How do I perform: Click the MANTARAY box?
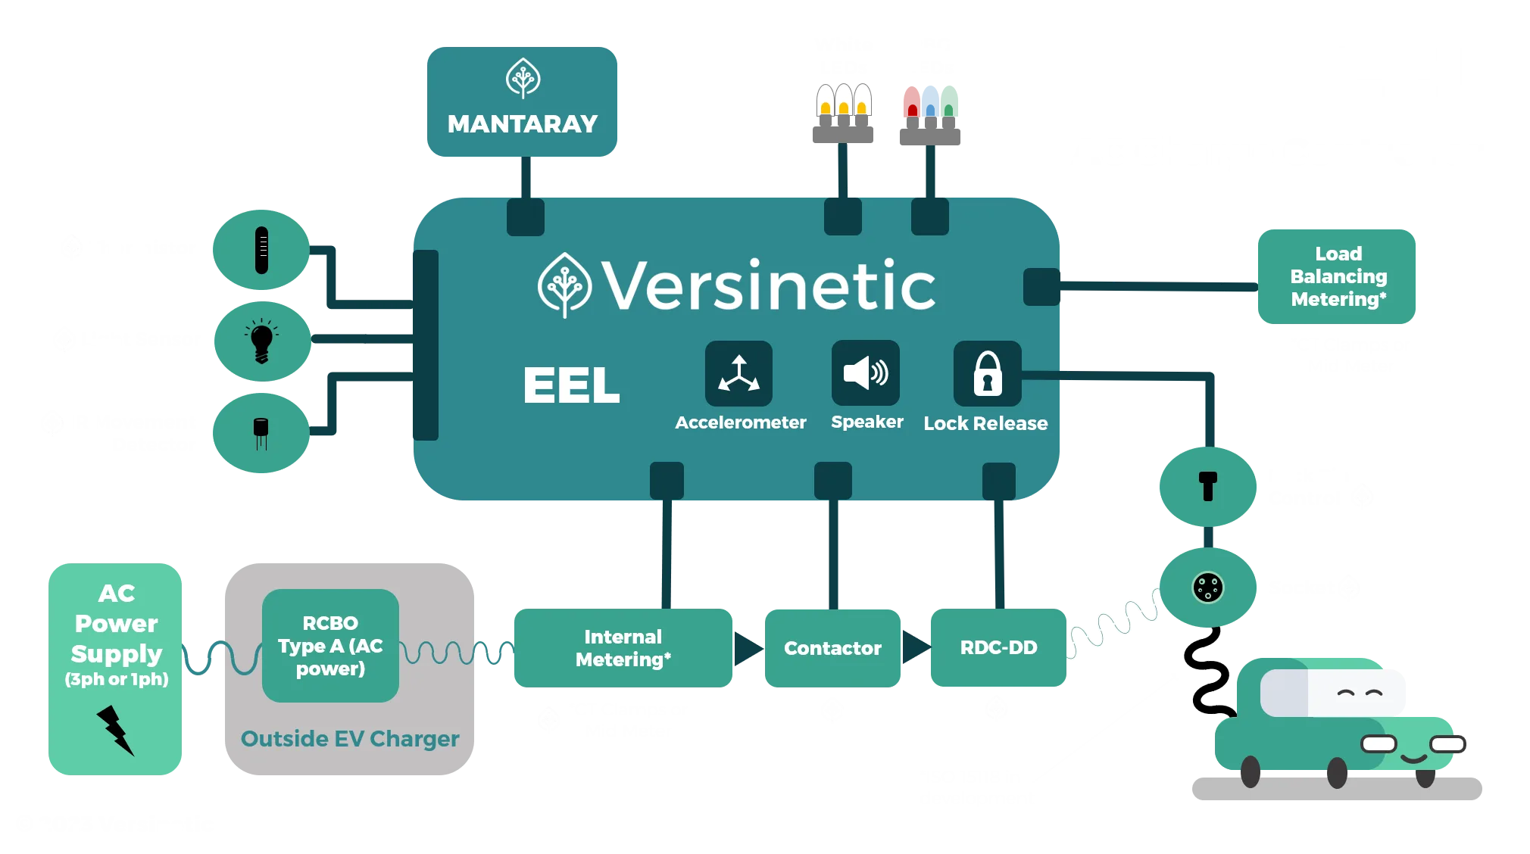click(x=522, y=101)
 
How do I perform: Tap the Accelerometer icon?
click(x=738, y=373)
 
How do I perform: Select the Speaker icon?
click(x=865, y=373)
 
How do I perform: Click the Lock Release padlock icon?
click(x=987, y=373)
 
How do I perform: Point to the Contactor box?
click(x=832, y=648)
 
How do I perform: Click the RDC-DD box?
click(x=998, y=648)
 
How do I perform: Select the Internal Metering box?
click(x=623, y=648)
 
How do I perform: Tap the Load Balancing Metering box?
click(x=1337, y=276)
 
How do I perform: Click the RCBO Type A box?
click(x=330, y=646)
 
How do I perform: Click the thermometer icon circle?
click(x=261, y=249)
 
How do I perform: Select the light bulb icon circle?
click(x=261, y=340)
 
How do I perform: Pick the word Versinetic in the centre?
click(x=768, y=285)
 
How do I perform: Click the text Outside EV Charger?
click(x=350, y=739)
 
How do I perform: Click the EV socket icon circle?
click(x=1207, y=588)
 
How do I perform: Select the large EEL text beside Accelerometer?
click(x=571, y=385)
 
